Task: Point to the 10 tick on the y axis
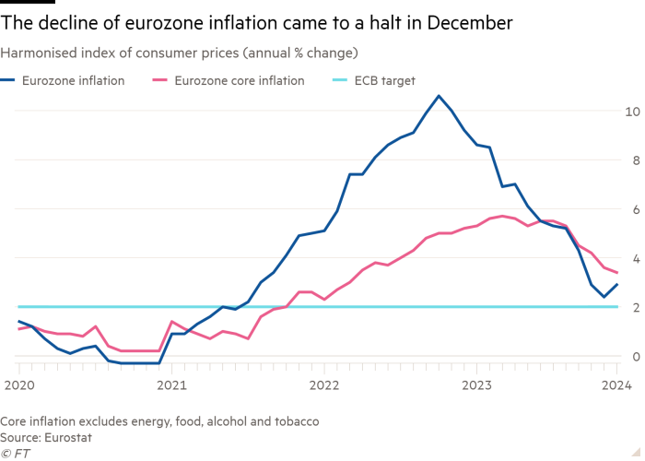point(631,112)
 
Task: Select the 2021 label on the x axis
point(170,383)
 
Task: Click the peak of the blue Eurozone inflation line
point(439,96)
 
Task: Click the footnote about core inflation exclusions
point(160,421)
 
